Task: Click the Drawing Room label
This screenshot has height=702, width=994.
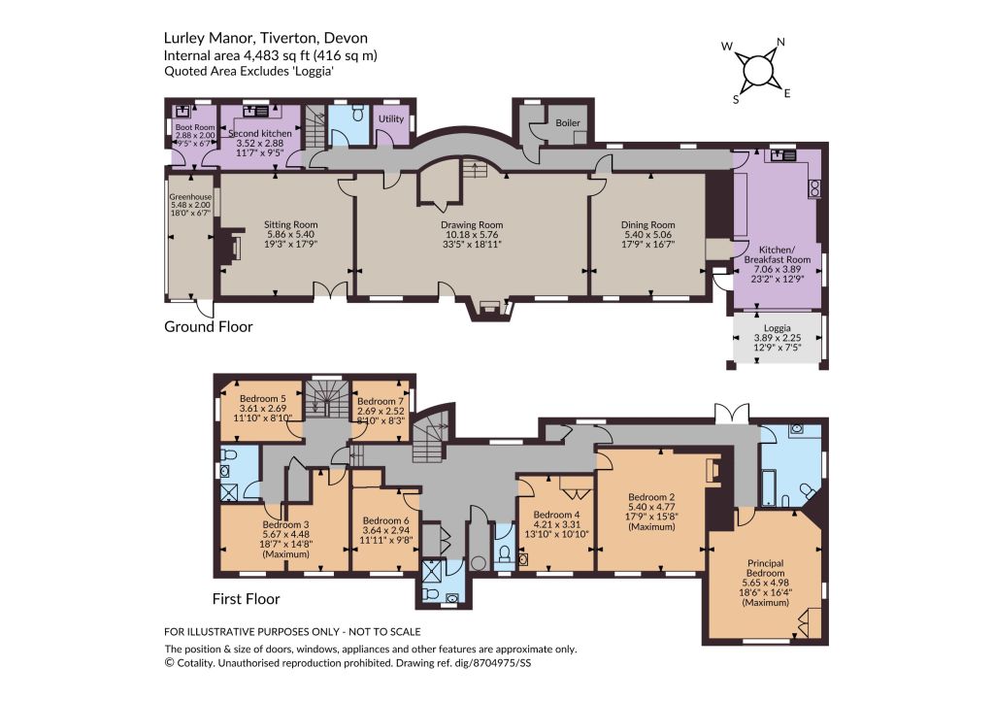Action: pos(472,224)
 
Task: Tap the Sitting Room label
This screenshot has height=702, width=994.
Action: pos(291,224)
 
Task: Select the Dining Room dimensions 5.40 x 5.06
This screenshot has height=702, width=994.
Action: pos(647,234)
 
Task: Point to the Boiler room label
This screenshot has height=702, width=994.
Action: pos(568,122)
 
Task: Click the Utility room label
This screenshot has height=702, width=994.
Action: pos(391,118)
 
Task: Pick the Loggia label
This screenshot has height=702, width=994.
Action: pos(778,328)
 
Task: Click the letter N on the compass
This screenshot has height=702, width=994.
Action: pos(781,42)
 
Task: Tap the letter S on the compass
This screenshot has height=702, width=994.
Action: pos(736,100)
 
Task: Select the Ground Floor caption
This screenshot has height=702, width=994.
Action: pos(209,326)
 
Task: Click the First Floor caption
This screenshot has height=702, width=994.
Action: pos(246,599)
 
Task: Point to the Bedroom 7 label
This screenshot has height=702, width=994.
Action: pos(381,401)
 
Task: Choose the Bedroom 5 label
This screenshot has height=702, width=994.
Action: pos(263,398)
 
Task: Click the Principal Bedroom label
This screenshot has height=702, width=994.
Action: pos(766,568)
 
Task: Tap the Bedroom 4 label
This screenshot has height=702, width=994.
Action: pos(556,515)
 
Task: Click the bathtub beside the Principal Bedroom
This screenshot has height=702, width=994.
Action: pos(770,487)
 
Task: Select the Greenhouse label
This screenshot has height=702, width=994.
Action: pos(190,196)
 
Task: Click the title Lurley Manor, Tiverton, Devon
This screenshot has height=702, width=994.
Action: pos(266,39)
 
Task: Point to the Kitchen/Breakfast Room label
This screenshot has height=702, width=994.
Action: pos(778,255)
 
